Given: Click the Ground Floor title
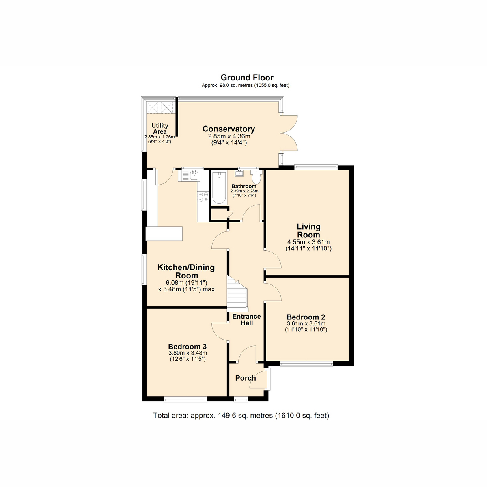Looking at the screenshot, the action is click(247, 78).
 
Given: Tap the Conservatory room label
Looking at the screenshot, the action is click(229, 129).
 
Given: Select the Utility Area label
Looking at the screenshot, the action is click(160, 129).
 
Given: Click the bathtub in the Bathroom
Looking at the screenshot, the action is click(219, 187).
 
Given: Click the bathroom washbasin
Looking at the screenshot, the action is click(239, 173).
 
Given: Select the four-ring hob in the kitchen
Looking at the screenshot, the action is click(203, 197).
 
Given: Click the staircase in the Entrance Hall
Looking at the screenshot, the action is click(237, 293).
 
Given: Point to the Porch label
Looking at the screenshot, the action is click(246, 378).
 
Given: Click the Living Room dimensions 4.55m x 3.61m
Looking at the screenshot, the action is click(308, 242).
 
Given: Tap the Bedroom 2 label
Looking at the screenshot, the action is click(306, 317).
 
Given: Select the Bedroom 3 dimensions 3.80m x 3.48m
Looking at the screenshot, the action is click(188, 353).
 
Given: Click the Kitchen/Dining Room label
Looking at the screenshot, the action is click(186, 272).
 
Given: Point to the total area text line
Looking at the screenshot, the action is click(241, 416).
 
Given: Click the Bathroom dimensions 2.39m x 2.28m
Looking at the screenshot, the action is click(244, 191).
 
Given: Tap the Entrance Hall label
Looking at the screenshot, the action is click(247, 320).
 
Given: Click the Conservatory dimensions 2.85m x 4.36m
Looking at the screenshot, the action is click(229, 136).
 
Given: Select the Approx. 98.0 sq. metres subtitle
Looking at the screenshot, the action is click(246, 85).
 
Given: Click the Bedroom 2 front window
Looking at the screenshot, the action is click(306, 364).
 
